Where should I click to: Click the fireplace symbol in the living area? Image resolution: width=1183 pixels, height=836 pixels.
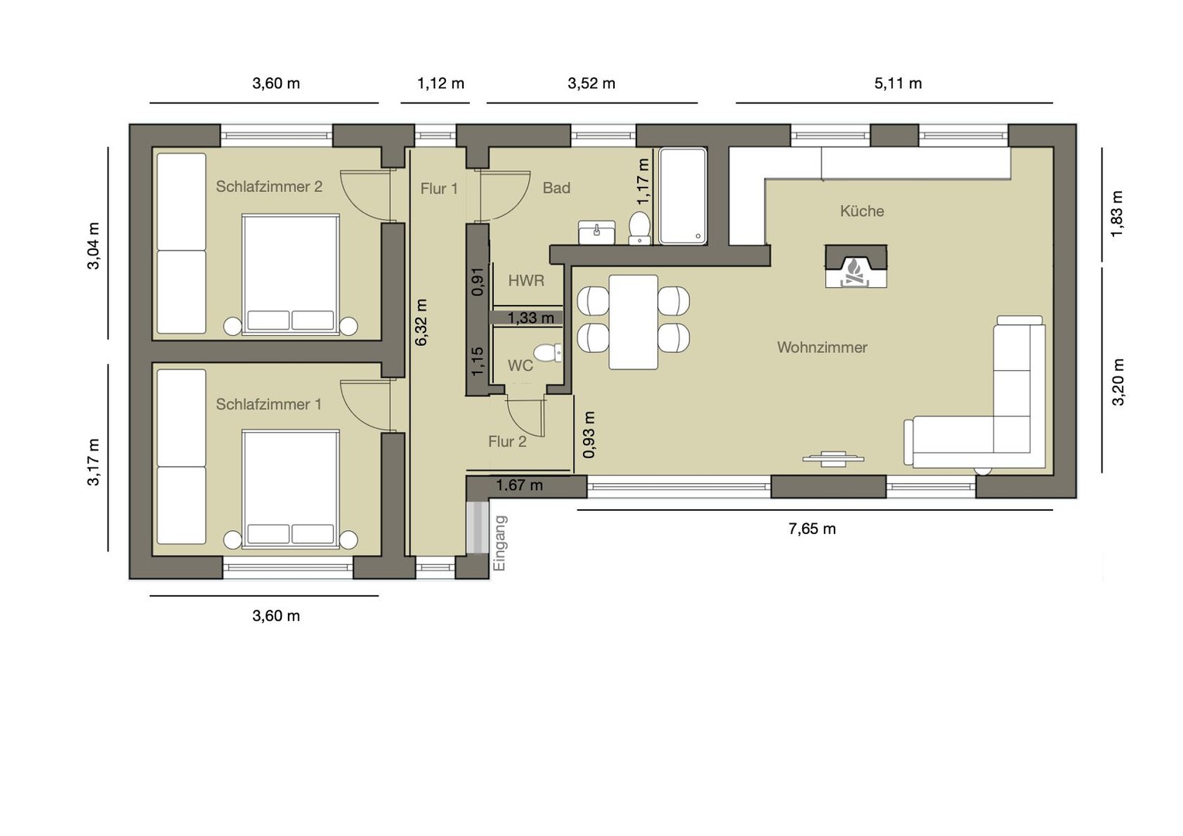pos(856,267)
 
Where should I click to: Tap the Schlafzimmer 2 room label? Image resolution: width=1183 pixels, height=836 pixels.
pos(269,187)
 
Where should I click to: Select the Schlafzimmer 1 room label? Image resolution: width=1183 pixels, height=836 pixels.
pos(268,404)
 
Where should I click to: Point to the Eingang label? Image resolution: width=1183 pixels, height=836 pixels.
pos(500,543)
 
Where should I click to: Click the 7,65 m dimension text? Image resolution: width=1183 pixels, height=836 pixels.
pos(811,529)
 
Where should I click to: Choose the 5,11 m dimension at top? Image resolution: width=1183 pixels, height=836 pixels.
pos(897,84)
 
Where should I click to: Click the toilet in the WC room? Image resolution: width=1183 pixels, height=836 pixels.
pos(548,353)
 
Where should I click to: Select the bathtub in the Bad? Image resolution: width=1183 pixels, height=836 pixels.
pos(681,196)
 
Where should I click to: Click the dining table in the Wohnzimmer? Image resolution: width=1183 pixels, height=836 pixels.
pos(633,321)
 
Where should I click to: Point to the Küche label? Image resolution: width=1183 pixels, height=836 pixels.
pos(862,211)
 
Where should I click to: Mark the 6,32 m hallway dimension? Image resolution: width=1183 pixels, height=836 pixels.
pos(421,322)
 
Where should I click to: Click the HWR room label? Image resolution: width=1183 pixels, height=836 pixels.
pos(526,281)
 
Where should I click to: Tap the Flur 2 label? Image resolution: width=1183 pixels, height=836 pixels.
pos(507,441)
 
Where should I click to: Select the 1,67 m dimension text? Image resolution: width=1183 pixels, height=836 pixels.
pos(519,485)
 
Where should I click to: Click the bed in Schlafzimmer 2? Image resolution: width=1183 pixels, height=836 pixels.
pos(291,275)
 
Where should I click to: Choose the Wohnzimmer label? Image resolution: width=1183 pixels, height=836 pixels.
pos(821,348)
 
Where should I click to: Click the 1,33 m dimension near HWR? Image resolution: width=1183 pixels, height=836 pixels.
pos(530,317)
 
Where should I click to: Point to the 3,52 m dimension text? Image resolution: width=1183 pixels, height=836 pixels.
pos(591,84)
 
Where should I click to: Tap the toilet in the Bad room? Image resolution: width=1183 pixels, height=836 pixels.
pos(640,228)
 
